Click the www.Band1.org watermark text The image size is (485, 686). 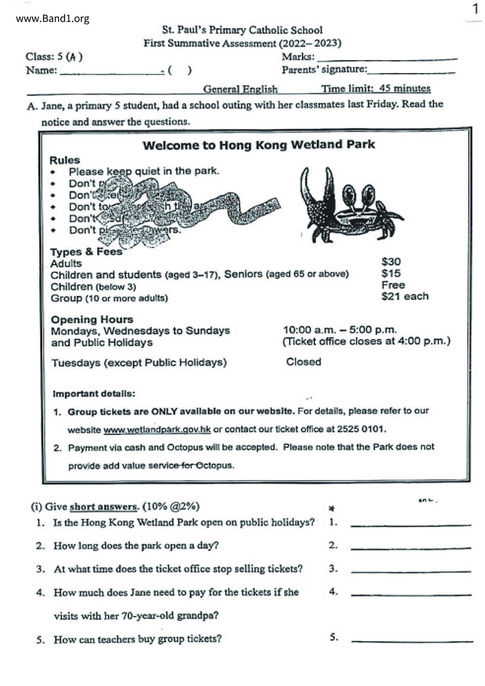52,18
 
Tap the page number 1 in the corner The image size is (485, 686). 475,9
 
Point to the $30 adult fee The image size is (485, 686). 391,262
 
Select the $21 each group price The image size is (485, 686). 404,296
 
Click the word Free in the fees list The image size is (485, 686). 393,285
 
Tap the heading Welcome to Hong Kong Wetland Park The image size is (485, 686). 259,145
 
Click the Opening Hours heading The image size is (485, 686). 92,320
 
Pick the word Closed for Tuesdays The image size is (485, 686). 304,362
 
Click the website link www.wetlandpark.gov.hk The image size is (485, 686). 157,429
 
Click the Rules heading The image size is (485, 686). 65,160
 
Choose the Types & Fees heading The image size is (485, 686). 86,252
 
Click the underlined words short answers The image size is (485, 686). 103,507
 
